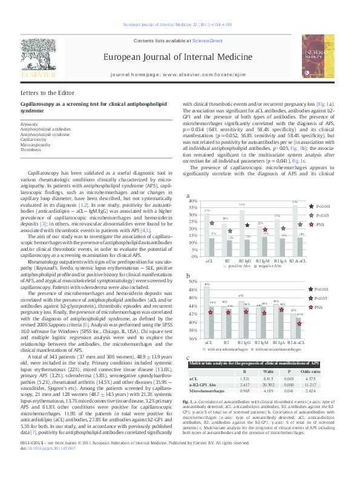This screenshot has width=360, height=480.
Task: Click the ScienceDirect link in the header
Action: click(x=208, y=40)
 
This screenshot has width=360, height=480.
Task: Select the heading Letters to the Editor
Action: click(x=47, y=93)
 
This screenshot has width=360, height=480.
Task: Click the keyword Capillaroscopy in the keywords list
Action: click(x=34, y=139)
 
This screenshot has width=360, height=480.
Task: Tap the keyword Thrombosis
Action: click(x=31, y=149)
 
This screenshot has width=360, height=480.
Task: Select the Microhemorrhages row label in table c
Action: click(x=208, y=391)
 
